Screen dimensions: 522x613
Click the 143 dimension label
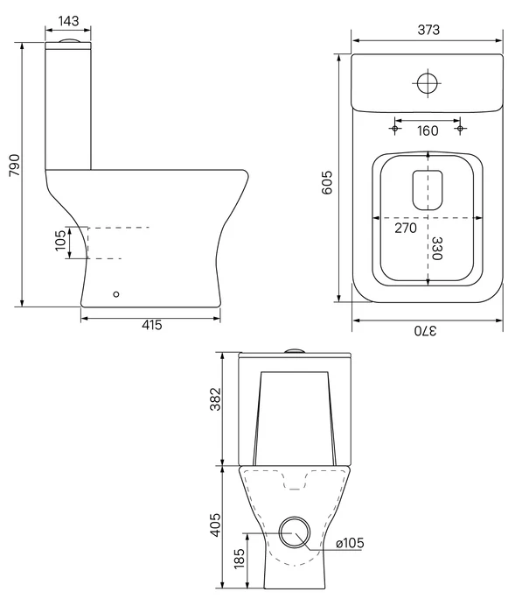[x=68, y=20]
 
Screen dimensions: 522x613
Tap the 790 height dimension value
[x=15, y=165]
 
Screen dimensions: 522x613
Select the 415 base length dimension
[x=151, y=325]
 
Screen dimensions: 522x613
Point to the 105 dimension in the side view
[x=60, y=241]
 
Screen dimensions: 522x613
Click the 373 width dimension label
[x=428, y=30]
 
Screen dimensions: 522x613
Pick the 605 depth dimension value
[x=326, y=182]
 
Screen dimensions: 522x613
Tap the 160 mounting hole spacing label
[x=428, y=130]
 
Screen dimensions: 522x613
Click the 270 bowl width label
[x=406, y=228]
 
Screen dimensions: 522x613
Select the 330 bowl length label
[x=436, y=248]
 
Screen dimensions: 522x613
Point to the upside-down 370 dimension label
[x=426, y=331]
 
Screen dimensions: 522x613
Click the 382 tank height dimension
[x=215, y=399]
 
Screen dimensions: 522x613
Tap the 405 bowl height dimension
[x=215, y=525]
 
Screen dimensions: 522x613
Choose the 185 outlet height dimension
[x=239, y=559]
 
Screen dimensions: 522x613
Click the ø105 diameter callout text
[x=350, y=543]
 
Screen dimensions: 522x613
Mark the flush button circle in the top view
[x=427, y=83]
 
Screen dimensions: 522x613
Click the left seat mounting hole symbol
[x=394, y=129]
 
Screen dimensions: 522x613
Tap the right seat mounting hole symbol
[x=460, y=129]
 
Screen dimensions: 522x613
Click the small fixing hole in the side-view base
[x=116, y=294]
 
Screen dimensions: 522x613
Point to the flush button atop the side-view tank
[x=68, y=40]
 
